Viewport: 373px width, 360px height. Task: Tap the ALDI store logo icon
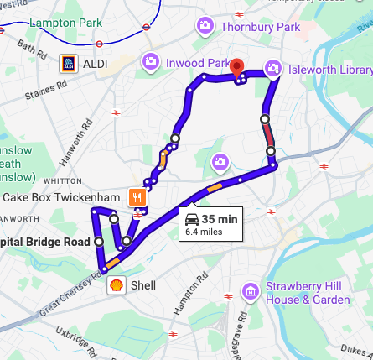(x=69, y=64)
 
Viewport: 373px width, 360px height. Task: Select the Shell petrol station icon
(x=116, y=285)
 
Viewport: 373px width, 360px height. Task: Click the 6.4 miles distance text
(x=204, y=232)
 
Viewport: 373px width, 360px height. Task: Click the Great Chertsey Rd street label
(x=71, y=294)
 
